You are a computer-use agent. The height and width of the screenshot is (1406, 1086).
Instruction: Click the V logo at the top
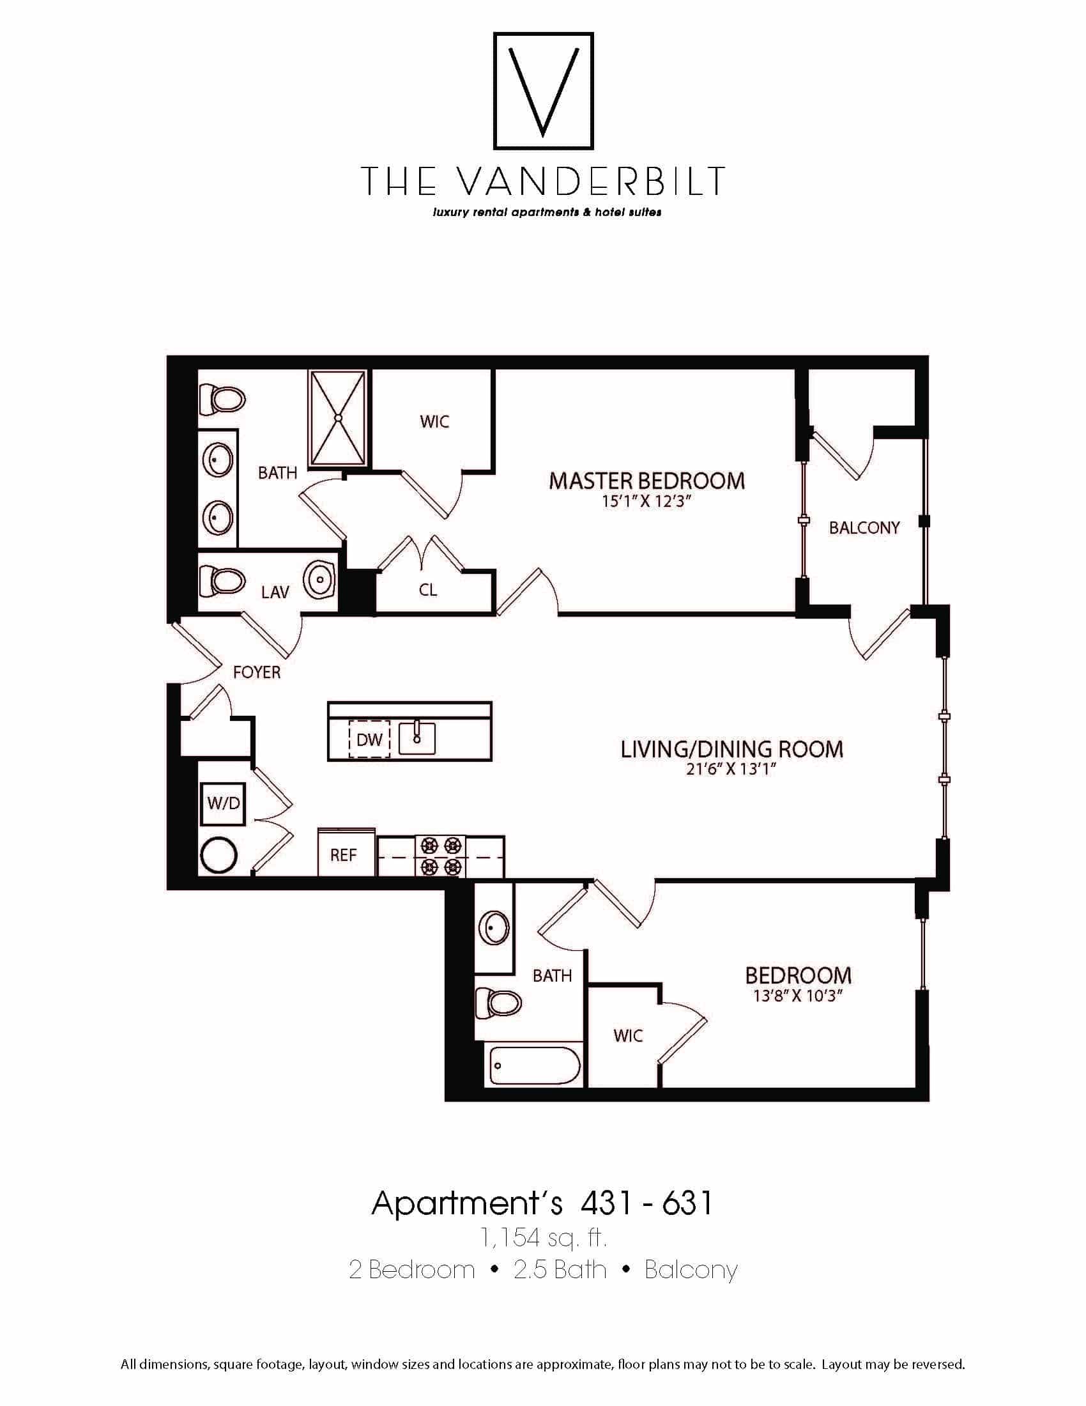tap(543, 91)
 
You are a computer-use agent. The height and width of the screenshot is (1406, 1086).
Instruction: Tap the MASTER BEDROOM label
tap(646, 481)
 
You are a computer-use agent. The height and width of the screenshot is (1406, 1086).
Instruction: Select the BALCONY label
tap(864, 528)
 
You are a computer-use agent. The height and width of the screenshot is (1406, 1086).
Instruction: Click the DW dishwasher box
tap(369, 739)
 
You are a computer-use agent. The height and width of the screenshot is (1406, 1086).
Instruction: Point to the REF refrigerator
tap(346, 854)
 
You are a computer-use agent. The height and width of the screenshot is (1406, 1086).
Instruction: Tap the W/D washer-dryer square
tap(223, 803)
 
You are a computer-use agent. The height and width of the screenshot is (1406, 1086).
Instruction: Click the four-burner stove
tap(441, 856)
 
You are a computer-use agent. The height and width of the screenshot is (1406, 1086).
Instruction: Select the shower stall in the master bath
tap(337, 418)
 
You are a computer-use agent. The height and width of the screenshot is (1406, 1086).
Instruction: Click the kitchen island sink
tap(417, 738)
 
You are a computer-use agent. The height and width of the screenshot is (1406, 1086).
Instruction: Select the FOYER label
tap(257, 673)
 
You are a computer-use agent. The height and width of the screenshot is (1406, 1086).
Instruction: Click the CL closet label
tap(428, 590)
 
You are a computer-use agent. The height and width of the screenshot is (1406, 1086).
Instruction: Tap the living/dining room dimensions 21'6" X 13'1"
tap(731, 769)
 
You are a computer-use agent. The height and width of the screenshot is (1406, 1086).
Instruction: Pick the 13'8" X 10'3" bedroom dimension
tap(798, 996)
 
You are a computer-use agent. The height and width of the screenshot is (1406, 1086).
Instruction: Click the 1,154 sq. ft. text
tap(542, 1237)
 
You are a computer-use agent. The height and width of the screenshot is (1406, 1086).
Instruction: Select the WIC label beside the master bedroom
tap(434, 422)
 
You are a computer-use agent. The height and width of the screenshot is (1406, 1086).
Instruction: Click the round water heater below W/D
tap(219, 856)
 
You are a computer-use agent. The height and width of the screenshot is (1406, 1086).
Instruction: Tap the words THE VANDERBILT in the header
tap(543, 181)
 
